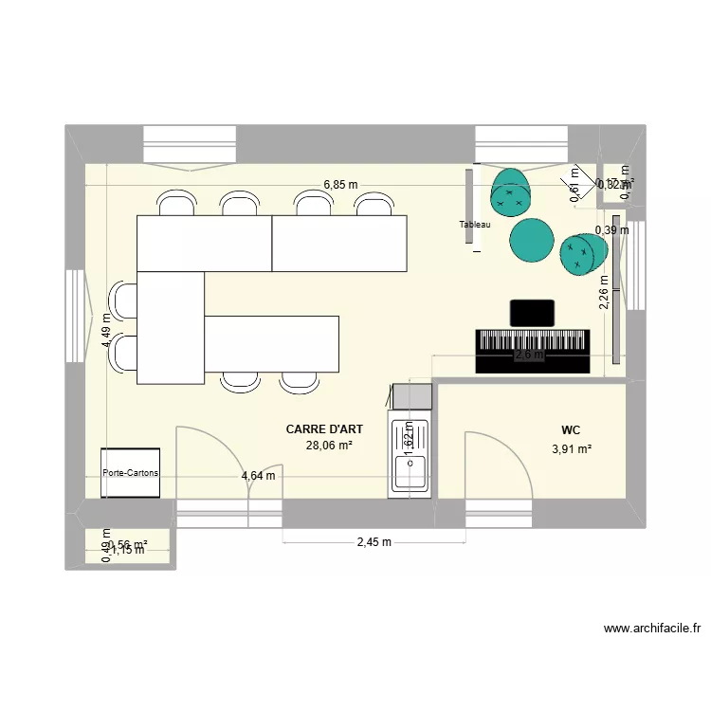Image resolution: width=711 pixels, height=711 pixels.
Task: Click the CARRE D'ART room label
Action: tap(324, 429)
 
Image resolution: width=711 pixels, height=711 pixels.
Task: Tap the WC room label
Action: tap(571, 429)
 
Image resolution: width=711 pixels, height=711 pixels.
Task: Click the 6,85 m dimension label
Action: tap(340, 185)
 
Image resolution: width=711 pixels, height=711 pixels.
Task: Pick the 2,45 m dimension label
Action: tap(374, 542)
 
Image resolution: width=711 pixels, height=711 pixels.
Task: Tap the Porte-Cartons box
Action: tap(131, 473)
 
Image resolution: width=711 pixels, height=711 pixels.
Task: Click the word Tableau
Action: tap(475, 225)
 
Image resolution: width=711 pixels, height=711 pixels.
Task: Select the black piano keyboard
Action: tap(533, 351)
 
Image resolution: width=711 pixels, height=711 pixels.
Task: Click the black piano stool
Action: tap(532, 313)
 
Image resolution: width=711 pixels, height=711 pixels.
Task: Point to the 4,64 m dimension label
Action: tap(258, 476)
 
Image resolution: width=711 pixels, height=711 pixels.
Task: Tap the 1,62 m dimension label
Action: tap(409, 439)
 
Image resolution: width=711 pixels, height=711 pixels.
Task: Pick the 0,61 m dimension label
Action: tap(574, 181)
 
